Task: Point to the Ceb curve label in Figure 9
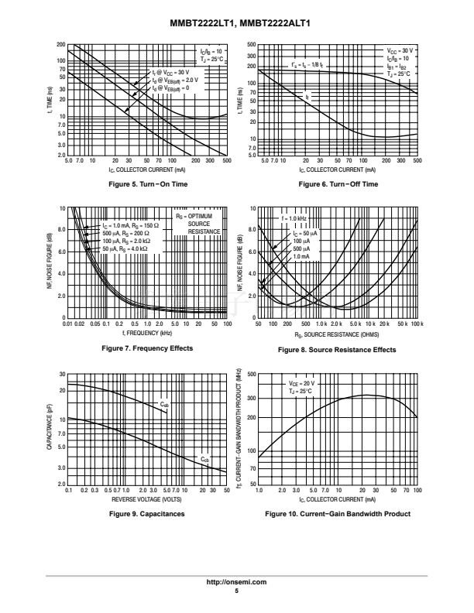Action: tap(164, 405)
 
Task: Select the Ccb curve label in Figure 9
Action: tap(204, 459)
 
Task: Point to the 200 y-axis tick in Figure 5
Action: tap(60, 44)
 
